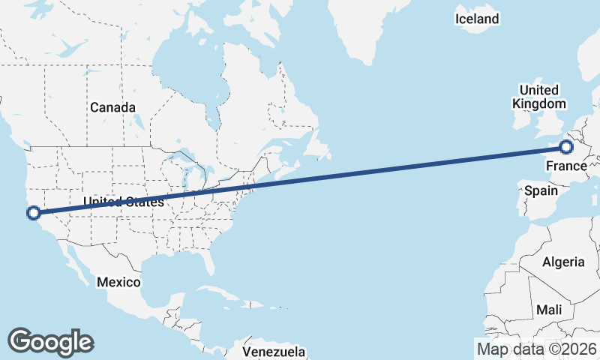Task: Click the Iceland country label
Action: (477, 19)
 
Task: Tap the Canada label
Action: (112, 107)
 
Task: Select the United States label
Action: (123, 202)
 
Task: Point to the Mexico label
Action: (118, 282)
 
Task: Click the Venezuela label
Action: (274, 352)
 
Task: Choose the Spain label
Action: (541, 191)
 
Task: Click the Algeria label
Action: (563, 262)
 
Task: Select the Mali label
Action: (549, 310)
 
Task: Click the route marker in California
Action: (33, 213)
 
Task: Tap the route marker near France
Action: (566, 147)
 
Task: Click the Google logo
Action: (50, 341)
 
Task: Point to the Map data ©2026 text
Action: (537, 349)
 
